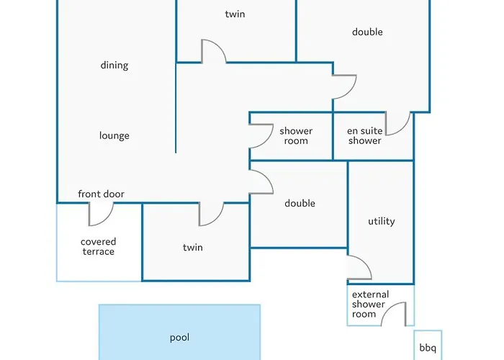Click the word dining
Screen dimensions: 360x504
[x=114, y=66]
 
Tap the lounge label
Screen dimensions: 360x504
[x=114, y=136]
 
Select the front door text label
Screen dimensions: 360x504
[x=101, y=194]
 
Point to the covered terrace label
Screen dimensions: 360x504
[x=98, y=247]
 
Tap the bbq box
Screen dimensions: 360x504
[x=428, y=345]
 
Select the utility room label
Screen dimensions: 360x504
[x=381, y=222]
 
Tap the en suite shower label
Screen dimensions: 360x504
[x=364, y=136]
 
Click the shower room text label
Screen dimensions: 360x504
[x=296, y=136]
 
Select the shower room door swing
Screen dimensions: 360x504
[x=260, y=136]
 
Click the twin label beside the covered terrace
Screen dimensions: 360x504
[x=192, y=248]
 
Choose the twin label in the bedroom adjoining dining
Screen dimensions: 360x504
[x=235, y=14]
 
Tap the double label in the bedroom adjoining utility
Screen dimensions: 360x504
[x=300, y=204]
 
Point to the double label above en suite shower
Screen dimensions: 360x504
[x=367, y=32]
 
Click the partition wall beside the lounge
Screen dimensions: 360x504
[x=176, y=108]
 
